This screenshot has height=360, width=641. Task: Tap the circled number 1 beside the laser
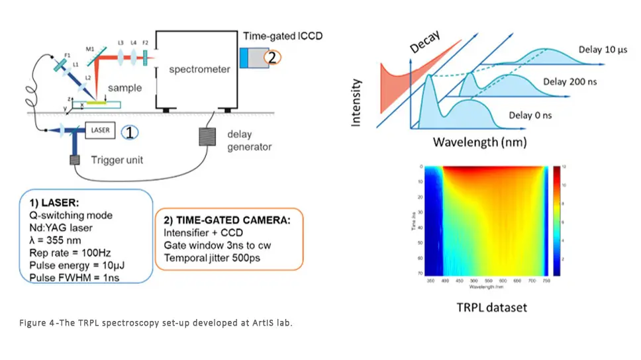pos(130,132)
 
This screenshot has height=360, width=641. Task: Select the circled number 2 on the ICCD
pos(271,57)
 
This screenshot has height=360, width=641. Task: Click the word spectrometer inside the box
pos(199,69)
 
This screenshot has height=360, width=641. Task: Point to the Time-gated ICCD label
pos(283,35)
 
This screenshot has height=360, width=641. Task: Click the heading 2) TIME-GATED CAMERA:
pos(228,220)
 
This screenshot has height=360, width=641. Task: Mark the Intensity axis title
pos(356,103)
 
